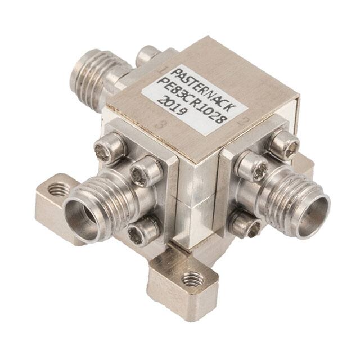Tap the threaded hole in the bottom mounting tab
[192, 278]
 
